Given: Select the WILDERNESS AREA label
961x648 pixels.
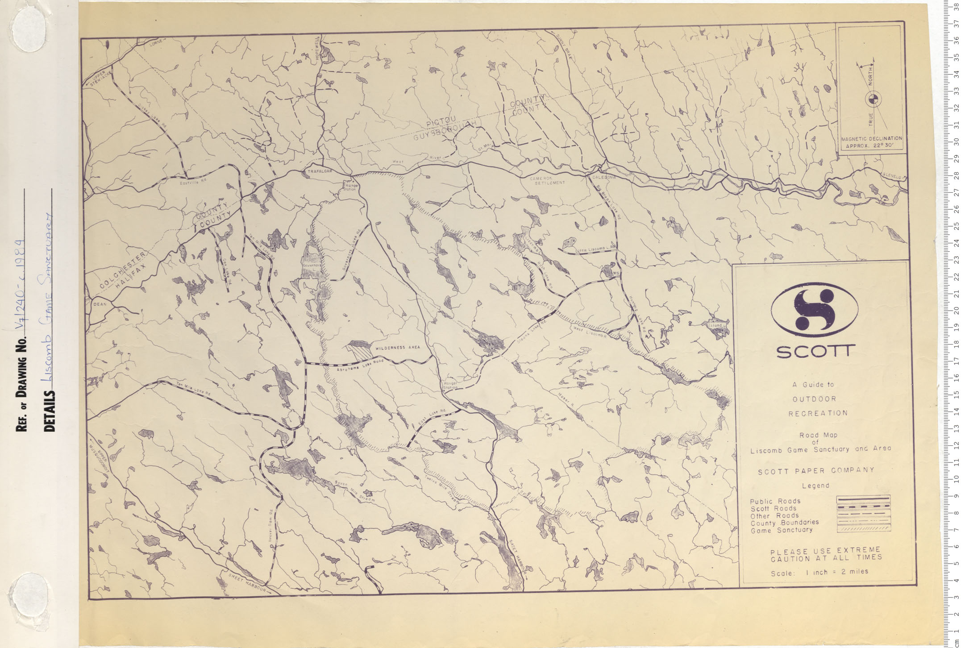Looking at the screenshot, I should tap(397, 347).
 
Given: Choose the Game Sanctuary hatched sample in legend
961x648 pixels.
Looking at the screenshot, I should tap(863, 529).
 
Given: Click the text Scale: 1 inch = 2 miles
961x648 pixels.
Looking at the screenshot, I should tap(820, 572).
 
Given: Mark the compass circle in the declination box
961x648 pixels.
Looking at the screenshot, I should tap(870, 100).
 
